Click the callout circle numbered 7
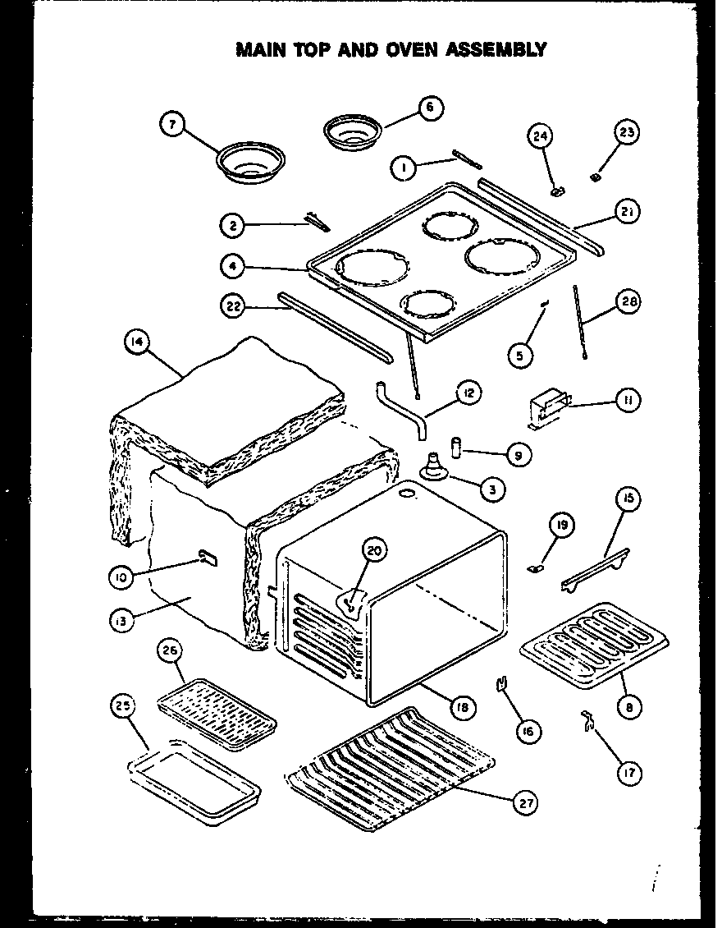tap(171, 125)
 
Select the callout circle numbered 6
tap(430, 107)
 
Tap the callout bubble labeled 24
tap(540, 136)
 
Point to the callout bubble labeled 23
tap(627, 133)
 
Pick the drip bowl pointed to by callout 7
tap(246, 163)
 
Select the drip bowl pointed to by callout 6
tap(354, 131)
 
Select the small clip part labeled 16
tap(500, 683)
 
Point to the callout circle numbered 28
tap(628, 302)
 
